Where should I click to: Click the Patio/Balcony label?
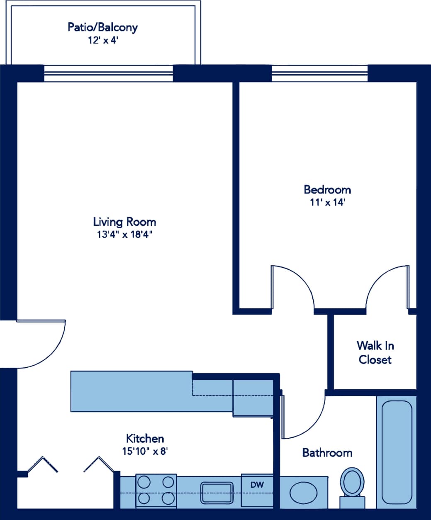click(102, 27)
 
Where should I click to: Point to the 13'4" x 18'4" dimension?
click(124, 234)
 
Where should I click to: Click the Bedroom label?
click(327, 190)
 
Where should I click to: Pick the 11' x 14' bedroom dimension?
click(327, 203)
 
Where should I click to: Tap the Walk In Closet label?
click(375, 352)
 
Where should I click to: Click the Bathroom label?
click(327, 452)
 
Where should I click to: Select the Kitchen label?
click(145, 438)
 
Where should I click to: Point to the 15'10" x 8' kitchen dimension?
click(145, 451)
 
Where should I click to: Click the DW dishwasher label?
click(257, 484)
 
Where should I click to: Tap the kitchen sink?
click(217, 493)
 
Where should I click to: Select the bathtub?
click(396, 452)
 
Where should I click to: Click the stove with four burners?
click(156, 490)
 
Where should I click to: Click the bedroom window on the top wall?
click(319, 74)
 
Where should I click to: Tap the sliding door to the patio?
click(108, 74)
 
